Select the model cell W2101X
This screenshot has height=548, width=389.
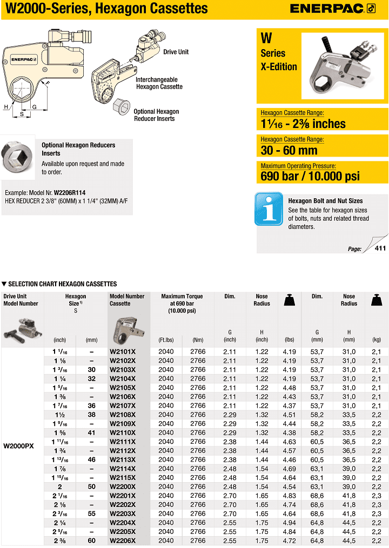click(123, 351)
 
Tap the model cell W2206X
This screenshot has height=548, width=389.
click(123, 540)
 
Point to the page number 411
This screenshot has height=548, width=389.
click(380, 248)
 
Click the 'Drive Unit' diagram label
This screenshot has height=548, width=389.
click(176, 52)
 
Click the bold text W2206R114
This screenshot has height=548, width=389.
click(70, 193)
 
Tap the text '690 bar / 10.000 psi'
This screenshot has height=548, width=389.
click(310, 176)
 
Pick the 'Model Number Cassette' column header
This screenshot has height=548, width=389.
click(127, 300)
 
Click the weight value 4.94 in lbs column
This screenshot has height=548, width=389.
click(290, 523)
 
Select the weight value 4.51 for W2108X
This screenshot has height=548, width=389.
click(290, 415)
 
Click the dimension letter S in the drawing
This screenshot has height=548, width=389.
click(22, 114)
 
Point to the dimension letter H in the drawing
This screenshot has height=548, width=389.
click(6, 107)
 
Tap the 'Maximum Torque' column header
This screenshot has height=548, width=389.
click(182, 300)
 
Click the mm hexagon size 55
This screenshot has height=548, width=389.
click(91, 513)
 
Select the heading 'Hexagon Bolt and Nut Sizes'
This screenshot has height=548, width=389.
click(325, 201)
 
